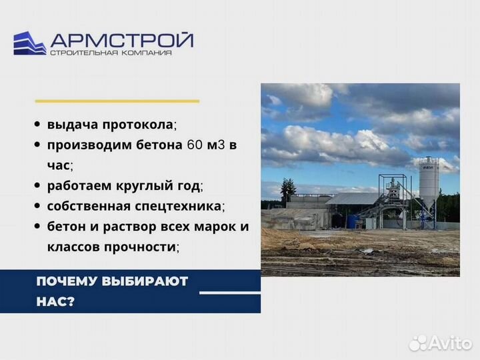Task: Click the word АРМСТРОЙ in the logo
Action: [x=122, y=39]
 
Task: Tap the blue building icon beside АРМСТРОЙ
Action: [x=29, y=43]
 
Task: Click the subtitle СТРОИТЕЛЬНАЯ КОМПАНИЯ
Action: [x=111, y=53]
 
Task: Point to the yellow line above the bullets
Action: [x=117, y=101]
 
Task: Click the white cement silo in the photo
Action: [x=429, y=183]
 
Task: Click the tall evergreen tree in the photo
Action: [x=287, y=192]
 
